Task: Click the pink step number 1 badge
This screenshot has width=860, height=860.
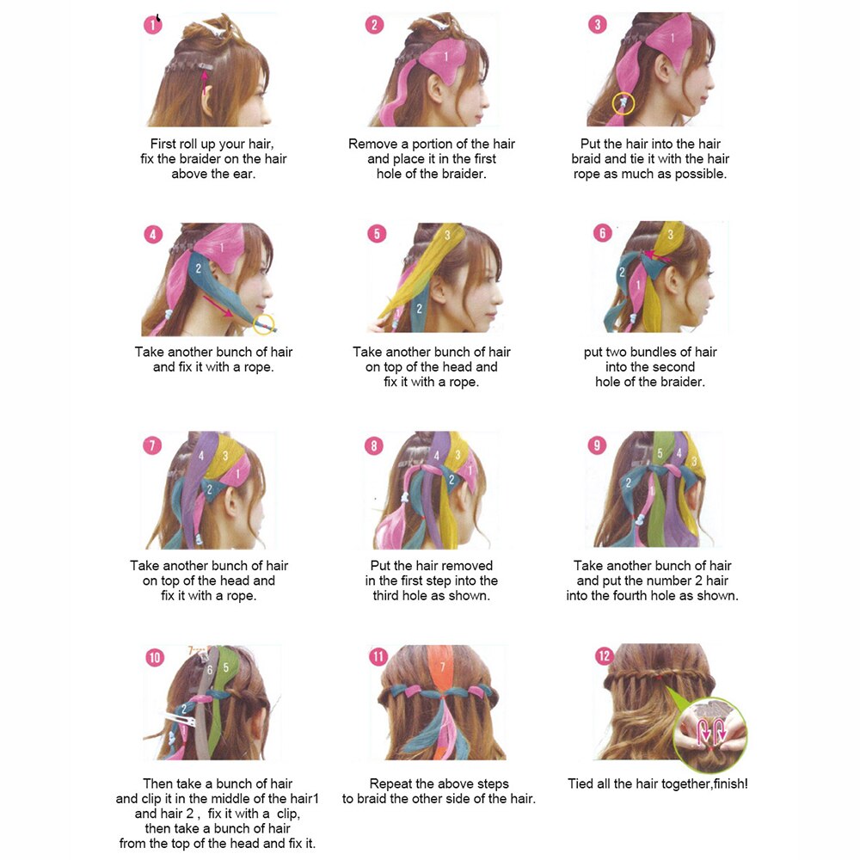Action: click(152, 25)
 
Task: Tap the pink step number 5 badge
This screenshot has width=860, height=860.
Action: click(377, 234)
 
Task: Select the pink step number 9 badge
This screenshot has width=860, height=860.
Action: click(597, 445)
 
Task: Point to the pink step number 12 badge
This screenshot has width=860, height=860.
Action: click(604, 656)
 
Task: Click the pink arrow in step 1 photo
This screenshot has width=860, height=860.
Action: click(205, 83)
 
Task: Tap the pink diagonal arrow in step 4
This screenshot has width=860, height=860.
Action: click(218, 306)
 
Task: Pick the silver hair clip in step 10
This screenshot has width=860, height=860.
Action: click(181, 718)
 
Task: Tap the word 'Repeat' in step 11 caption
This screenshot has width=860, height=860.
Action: click(390, 784)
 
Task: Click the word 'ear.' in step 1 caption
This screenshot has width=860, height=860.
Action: click(244, 174)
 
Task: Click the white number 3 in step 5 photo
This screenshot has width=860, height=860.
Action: click(447, 236)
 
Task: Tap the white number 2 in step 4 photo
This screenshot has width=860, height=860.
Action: click(199, 268)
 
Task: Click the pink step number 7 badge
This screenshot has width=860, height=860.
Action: click(152, 445)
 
